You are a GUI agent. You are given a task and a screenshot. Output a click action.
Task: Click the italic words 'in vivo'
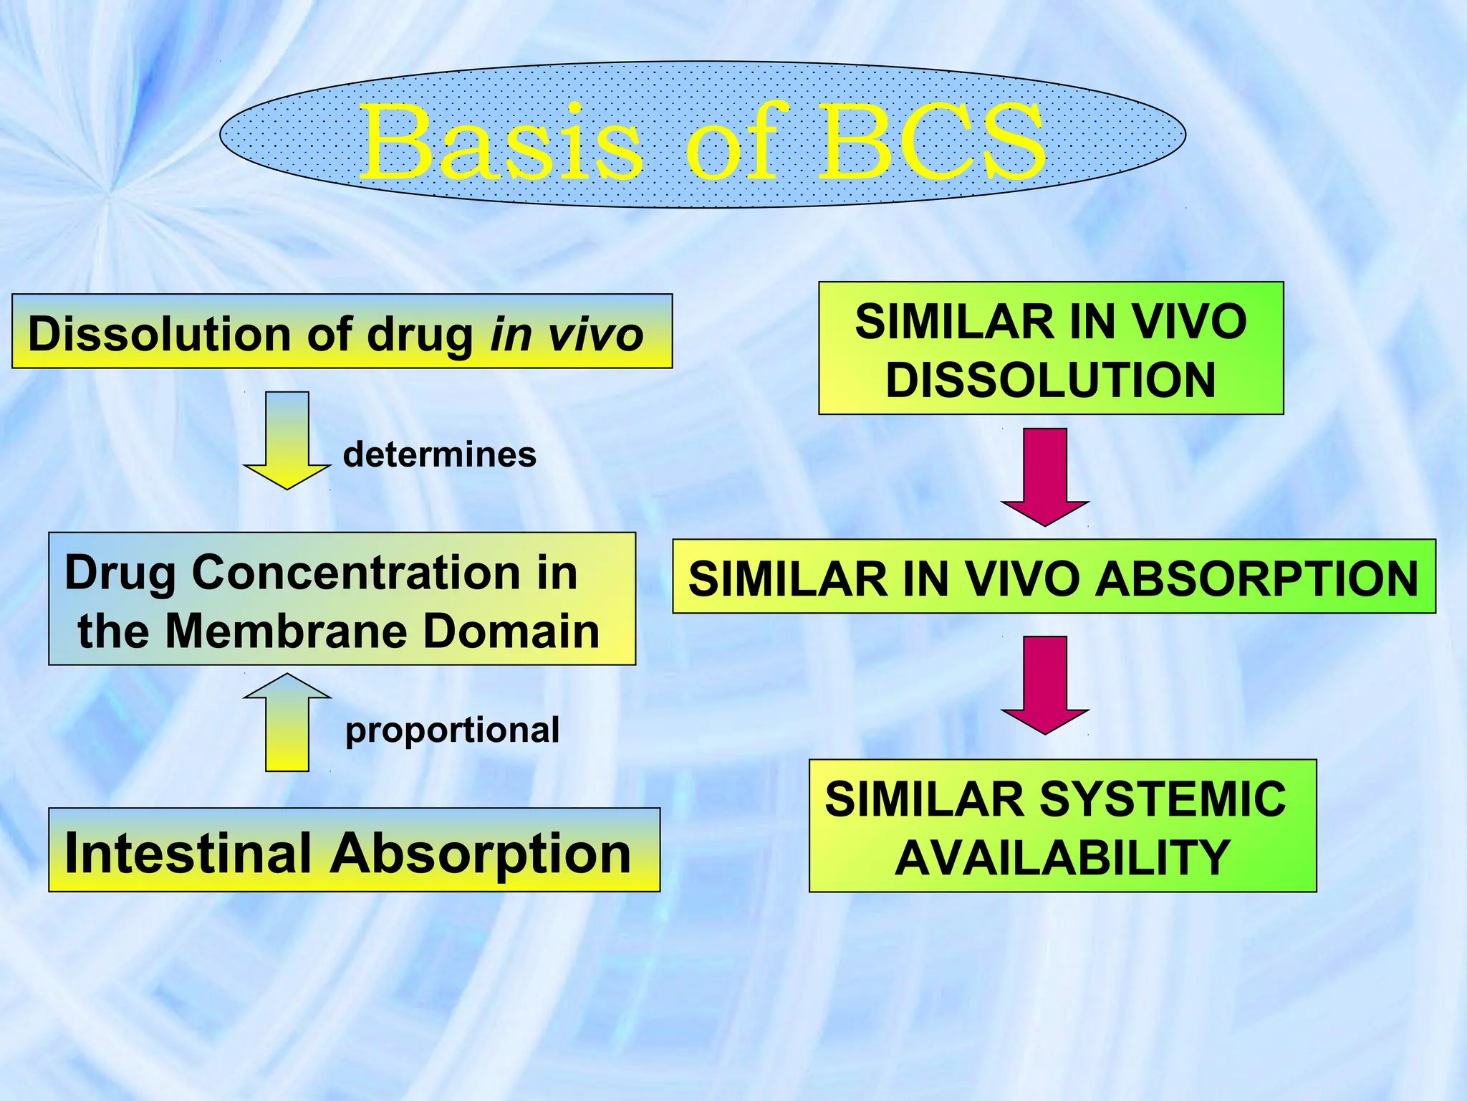tap(567, 335)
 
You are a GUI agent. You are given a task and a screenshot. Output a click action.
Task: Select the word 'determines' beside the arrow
tap(439, 454)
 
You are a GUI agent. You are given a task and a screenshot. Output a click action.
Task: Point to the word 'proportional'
tap(452, 730)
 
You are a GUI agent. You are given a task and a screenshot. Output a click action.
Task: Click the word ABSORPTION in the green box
tap(1257, 578)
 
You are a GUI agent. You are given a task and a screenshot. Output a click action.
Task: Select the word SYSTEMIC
tap(1162, 799)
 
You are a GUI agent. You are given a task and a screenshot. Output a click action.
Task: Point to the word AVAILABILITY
tap(1062, 858)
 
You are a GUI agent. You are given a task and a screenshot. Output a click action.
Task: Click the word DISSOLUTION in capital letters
tap(1051, 380)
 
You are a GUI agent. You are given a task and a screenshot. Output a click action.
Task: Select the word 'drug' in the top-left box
tap(420, 335)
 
